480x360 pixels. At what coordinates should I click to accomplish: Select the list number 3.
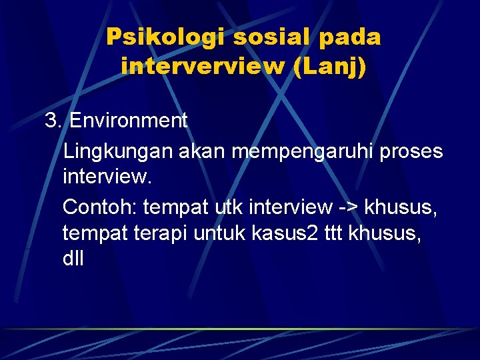[52, 121]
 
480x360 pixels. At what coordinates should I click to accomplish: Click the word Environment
[129, 121]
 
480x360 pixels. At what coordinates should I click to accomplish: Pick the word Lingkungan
[118, 152]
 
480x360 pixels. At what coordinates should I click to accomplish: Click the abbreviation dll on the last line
[73, 259]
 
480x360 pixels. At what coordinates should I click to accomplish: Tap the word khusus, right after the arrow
[401, 207]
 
